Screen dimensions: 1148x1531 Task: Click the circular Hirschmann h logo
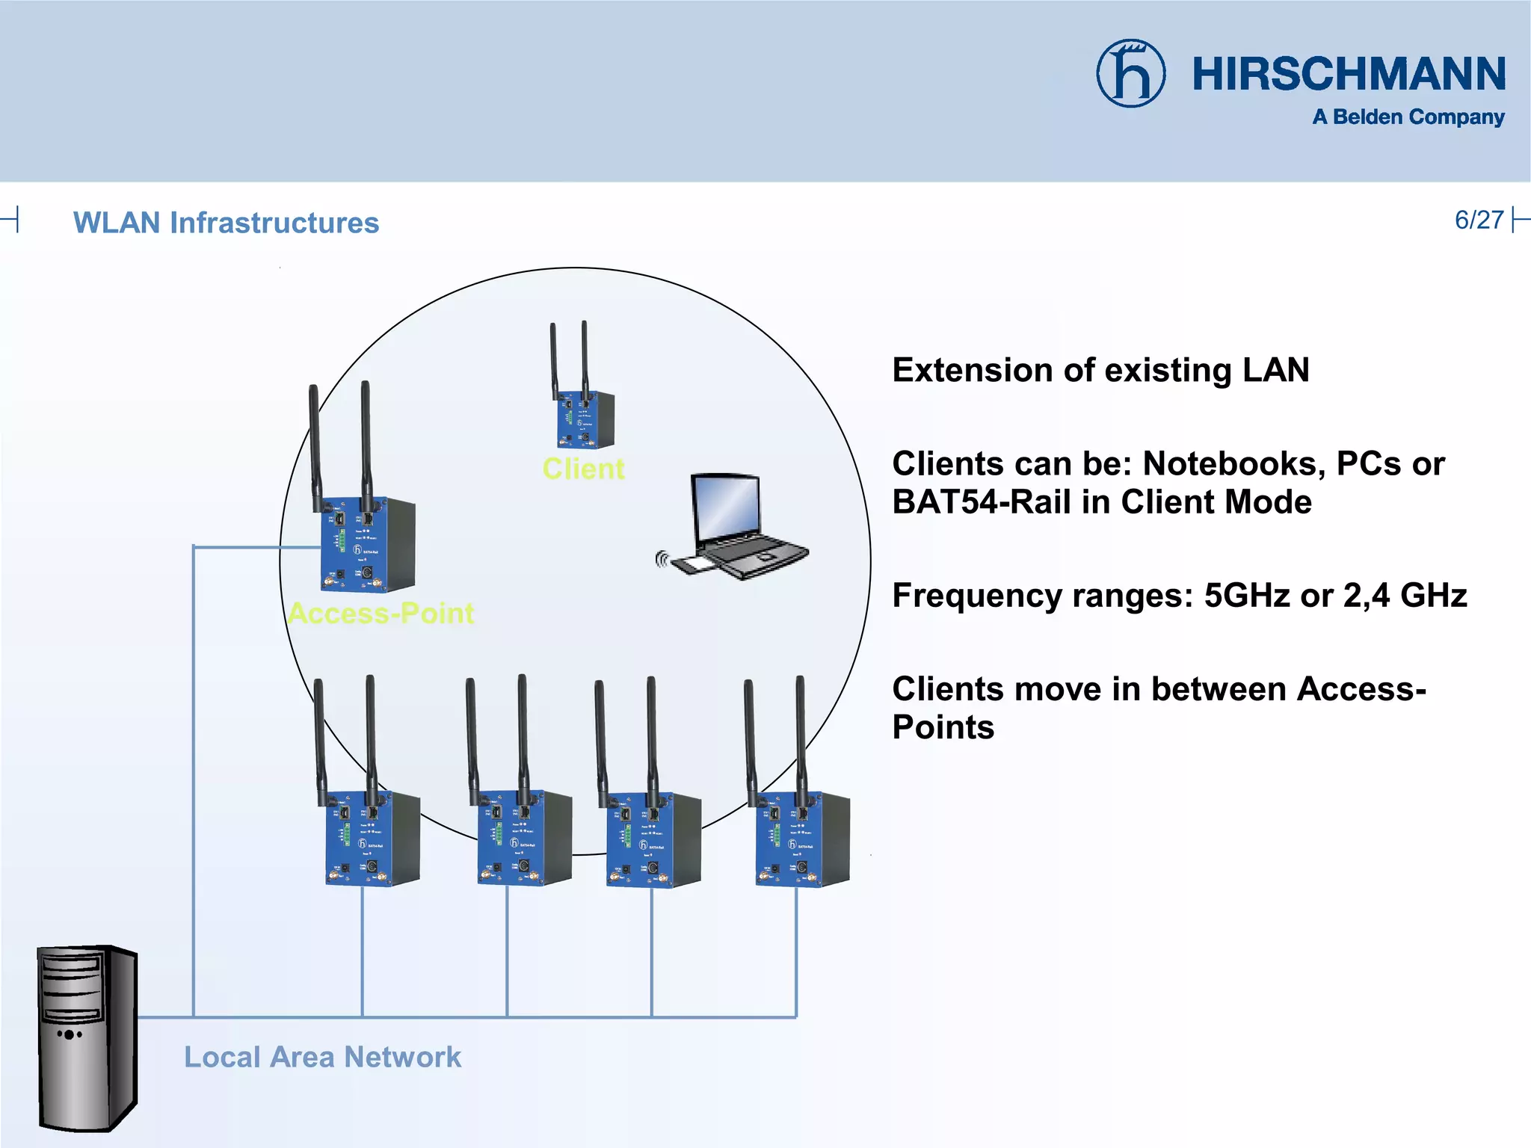tap(1130, 73)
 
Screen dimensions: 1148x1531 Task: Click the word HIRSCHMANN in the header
tap(1349, 74)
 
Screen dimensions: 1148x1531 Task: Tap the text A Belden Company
tap(1408, 117)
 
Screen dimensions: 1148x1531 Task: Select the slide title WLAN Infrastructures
tap(226, 223)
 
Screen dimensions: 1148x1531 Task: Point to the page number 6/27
tap(1479, 220)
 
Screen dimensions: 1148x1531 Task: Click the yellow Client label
tap(583, 469)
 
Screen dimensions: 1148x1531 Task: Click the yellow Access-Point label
tap(381, 614)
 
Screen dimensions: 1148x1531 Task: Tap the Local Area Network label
tap(322, 1057)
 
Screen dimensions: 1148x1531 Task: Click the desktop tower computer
tap(87, 1038)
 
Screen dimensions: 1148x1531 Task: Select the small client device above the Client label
tap(585, 419)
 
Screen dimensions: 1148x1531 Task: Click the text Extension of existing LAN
tap(1100, 370)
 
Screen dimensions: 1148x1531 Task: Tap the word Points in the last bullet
tap(943, 727)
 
